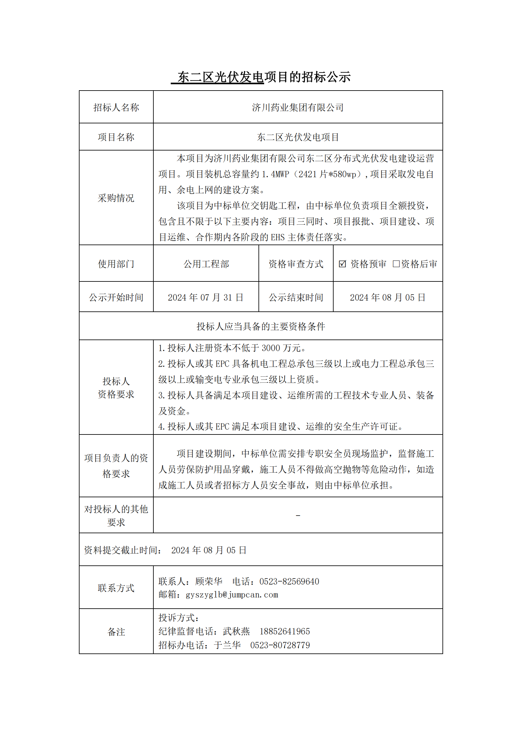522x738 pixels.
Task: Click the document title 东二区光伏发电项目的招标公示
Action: point(261,77)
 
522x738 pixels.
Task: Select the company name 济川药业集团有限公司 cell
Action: point(298,107)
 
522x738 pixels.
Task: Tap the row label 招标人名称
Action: point(116,107)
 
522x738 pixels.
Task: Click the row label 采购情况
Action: point(116,198)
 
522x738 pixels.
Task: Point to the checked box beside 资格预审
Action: point(342,264)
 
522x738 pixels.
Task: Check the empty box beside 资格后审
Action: point(396,264)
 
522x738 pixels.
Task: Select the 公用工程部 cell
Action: point(206,264)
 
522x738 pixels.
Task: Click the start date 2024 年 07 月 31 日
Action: point(205,297)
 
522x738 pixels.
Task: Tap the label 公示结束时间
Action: point(296,297)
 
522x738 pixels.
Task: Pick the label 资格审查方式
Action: point(296,264)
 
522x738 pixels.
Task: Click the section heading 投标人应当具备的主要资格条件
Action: point(261,327)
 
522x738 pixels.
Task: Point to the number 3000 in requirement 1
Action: point(271,348)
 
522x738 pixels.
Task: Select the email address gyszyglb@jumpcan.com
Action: point(232,595)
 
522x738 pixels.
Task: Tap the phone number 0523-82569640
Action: point(289,582)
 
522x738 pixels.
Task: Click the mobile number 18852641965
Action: point(284,631)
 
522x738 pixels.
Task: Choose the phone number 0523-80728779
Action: point(280,645)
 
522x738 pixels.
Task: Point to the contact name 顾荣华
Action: point(209,582)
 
